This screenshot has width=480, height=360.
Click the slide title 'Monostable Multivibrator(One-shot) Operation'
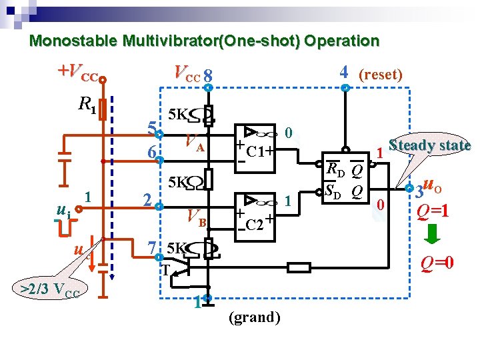[x=204, y=41]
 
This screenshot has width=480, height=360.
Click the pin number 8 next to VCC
[x=209, y=75]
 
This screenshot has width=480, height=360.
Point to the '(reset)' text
[x=380, y=74]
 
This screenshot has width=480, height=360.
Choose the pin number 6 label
[x=152, y=153]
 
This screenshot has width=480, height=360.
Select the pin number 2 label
[x=149, y=199]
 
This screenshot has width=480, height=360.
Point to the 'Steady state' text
[x=429, y=145]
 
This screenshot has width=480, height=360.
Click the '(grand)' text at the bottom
[x=253, y=317]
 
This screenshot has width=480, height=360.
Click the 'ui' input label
[x=63, y=211]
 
